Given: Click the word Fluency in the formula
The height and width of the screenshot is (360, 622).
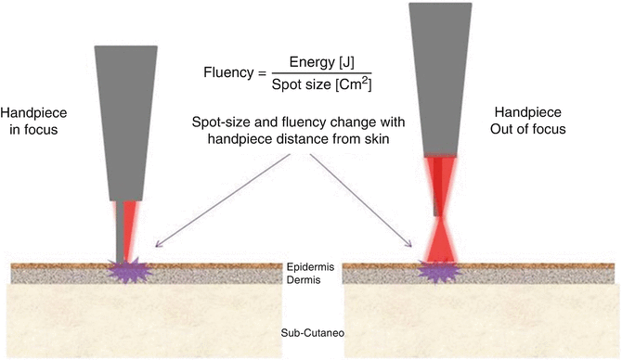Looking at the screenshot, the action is click(228, 73).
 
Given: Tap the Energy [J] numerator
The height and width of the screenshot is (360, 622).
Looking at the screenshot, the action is click(322, 62).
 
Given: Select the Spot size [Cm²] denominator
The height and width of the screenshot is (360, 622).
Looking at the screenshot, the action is click(322, 84).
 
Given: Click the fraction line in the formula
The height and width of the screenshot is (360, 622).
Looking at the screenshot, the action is click(322, 73).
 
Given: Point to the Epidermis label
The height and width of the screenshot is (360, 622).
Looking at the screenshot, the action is click(311, 267).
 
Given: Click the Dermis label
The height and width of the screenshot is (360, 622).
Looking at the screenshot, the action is click(304, 280).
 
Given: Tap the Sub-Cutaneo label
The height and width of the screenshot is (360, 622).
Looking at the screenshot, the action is click(313, 333).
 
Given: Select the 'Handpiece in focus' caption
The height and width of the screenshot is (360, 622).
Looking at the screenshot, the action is click(33, 121).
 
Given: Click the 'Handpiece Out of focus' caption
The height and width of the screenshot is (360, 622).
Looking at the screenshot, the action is click(528, 121).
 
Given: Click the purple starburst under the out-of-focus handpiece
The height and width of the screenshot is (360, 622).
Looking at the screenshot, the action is click(439, 272).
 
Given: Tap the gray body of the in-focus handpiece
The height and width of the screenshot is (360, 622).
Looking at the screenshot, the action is click(125, 122).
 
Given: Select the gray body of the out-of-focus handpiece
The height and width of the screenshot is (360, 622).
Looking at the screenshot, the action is click(440, 79).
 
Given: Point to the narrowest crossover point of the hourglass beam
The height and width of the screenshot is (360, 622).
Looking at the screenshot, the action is click(440, 219).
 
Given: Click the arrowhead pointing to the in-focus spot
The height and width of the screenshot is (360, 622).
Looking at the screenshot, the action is click(158, 244).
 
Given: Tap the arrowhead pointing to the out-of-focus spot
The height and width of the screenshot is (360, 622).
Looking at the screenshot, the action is click(408, 243).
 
